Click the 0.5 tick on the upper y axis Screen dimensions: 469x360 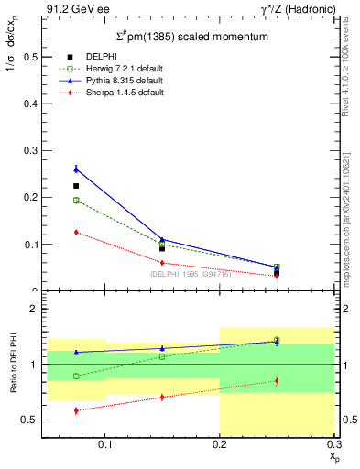[32, 56]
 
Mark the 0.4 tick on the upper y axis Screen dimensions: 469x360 [32, 103]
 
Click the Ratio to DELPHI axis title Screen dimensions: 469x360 [14, 365]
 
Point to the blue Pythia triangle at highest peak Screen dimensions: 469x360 [76, 169]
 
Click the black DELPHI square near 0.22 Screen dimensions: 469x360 [76, 186]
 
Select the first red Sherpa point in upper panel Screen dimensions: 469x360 [76, 232]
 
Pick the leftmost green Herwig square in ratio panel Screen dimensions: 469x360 [76, 376]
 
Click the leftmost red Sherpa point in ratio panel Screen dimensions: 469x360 [76, 410]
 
